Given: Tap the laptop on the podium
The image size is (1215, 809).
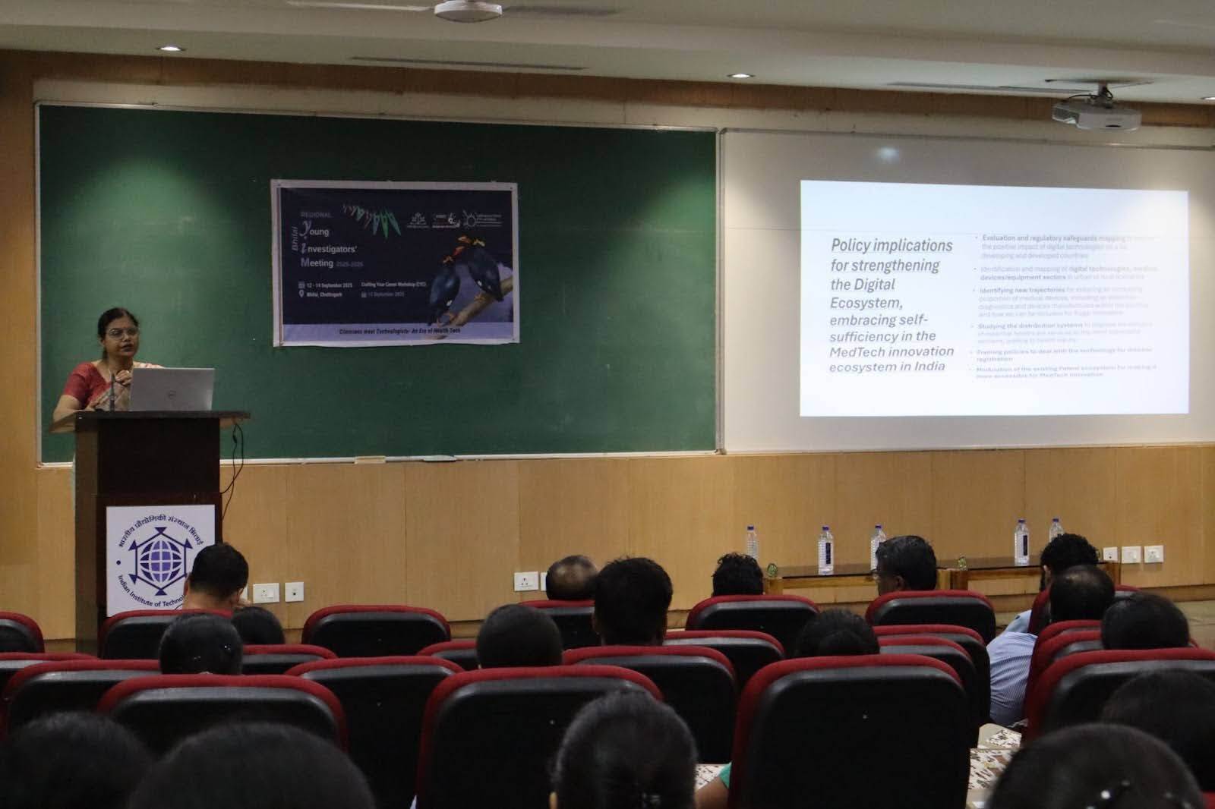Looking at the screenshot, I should point(173,389).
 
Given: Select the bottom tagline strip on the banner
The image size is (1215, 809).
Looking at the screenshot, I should point(395,332).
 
